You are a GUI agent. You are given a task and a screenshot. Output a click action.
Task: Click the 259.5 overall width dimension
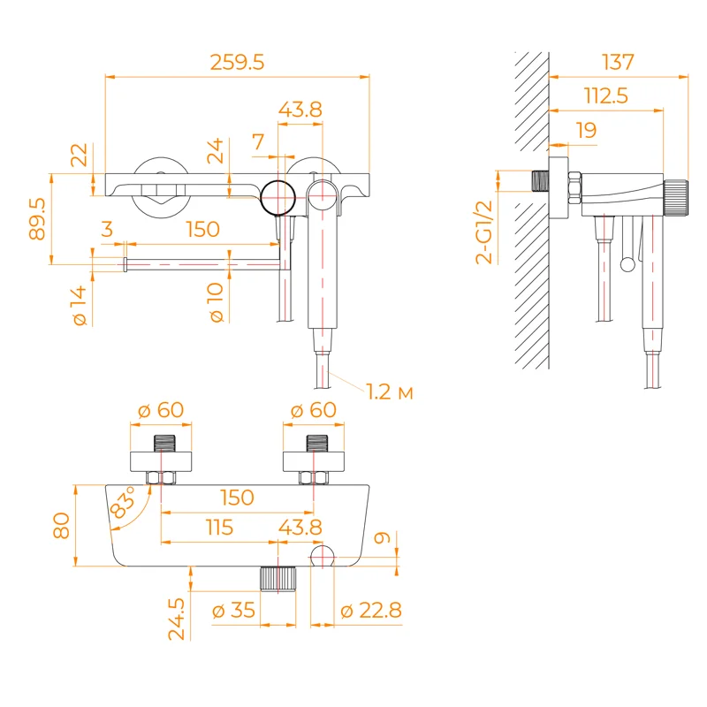coord(237,63)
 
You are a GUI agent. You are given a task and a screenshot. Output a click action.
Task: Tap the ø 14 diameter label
coord(80,306)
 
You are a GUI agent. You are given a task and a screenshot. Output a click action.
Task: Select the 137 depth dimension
coord(618,63)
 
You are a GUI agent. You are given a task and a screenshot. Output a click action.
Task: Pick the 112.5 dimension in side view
coord(605,96)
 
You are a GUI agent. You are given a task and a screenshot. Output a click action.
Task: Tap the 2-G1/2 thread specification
coord(483,232)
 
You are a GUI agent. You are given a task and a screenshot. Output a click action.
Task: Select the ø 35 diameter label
coord(234,610)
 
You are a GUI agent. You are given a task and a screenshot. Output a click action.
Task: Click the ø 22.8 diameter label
coord(369,610)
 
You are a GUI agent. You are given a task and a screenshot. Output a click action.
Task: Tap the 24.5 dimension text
coord(177,618)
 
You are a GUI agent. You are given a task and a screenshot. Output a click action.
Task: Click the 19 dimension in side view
coord(585,131)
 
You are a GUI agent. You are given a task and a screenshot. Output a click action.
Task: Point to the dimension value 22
coord(80,156)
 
